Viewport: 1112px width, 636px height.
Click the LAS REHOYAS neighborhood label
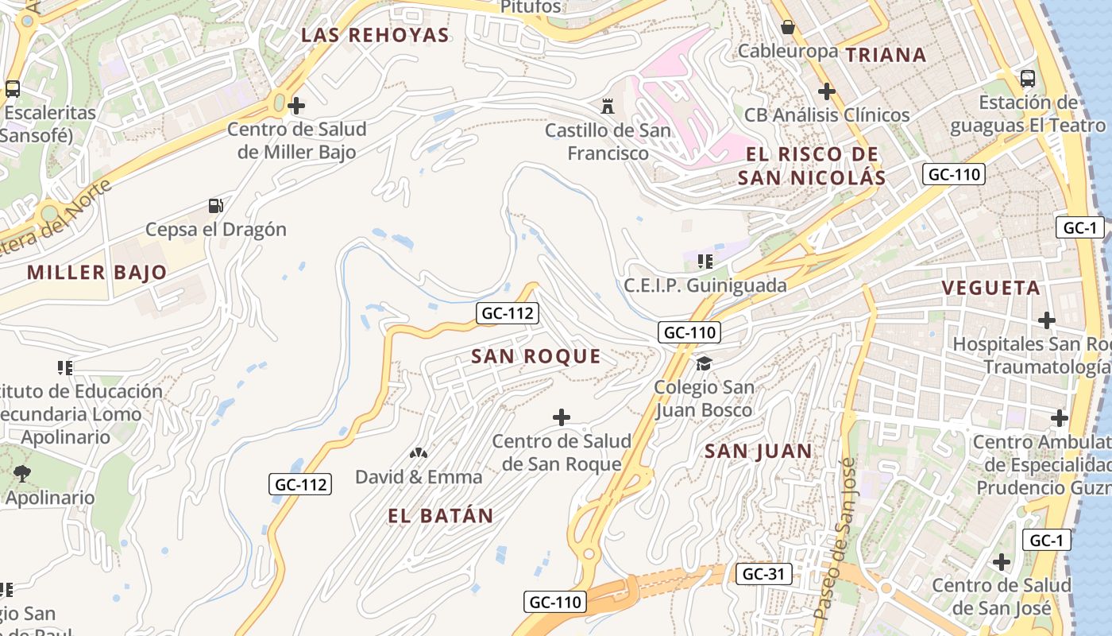(x=376, y=35)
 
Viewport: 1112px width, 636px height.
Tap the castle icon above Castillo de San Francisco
(x=608, y=106)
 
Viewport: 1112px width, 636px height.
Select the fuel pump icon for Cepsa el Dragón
(x=215, y=206)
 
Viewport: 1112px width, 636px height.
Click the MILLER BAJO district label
(x=97, y=273)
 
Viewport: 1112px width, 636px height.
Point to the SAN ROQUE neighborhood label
(x=536, y=357)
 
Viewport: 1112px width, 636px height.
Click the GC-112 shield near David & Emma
(x=300, y=483)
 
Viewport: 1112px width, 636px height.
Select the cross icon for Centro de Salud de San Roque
(x=562, y=417)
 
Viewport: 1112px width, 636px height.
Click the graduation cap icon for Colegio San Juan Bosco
(x=704, y=364)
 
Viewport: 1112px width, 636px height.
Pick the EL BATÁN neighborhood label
(x=441, y=516)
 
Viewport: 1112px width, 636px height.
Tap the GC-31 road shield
(x=763, y=574)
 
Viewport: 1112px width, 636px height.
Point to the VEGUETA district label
(x=990, y=288)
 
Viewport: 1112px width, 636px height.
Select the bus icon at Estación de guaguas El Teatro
(x=1027, y=79)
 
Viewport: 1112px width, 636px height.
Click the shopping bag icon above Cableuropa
(x=787, y=28)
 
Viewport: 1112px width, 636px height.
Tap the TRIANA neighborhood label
(x=886, y=55)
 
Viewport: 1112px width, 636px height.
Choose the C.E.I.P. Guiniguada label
(x=705, y=285)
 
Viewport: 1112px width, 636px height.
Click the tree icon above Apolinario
(x=22, y=474)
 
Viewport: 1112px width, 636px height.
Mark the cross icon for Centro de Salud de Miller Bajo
(x=296, y=105)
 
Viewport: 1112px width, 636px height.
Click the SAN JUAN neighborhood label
(x=759, y=452)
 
